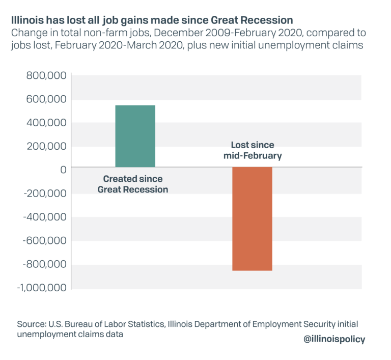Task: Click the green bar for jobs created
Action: pyautogui.click(x=135, y=136)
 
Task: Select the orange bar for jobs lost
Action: pyautogui.click(x=252, y=219)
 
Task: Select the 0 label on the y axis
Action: pyautogui.click(x=63, y=170)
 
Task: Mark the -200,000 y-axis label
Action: pyautogui.click(x=44, y=194)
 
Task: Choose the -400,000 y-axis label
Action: pyautogui.click(x=44, y=217)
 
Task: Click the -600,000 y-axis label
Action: pyautogui.click(x=44, y=241)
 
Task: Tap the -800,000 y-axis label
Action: pyautogui.click(x=44, y=265)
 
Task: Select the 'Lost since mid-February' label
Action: pyautogui.click(x=252, y=150)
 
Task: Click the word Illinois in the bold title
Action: pyautogui.click(x=29, y=21)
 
